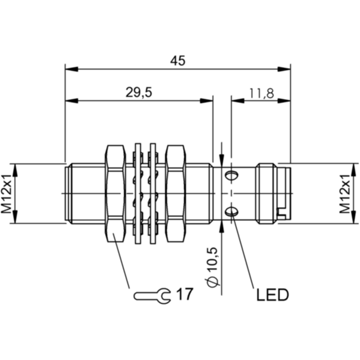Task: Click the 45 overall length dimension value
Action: coord(177,61)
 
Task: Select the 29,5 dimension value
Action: coord(139,93)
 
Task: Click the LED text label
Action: coord(272,295)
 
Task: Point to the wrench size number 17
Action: coord(184,294)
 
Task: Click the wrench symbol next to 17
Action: coord(152,296)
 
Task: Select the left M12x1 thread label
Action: coord(6,193)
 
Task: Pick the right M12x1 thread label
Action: coord(345,193)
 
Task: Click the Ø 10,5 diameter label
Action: coord(212,267)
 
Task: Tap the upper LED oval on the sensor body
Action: coord(231,175)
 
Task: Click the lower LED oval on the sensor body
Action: coord(231,211)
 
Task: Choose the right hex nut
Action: coord(176,193)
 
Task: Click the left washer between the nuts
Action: coord(138,193)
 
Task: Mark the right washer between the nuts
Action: coord(153,193)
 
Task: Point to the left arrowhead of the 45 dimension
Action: coord(72,69)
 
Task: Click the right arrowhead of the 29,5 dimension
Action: coord(207,100)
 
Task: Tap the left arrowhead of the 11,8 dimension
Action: coord(238,100)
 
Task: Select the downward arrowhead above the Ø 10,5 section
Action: coord(221,160)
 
